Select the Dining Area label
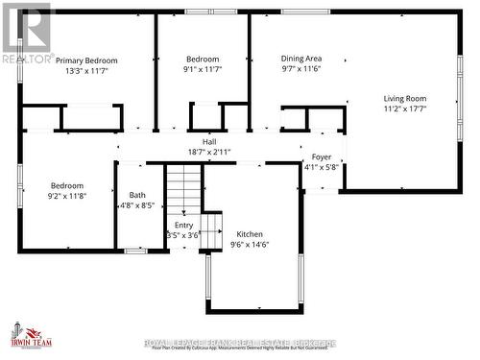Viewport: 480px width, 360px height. click(x=300, y=59)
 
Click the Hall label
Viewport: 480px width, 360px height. click(x=208, y=141)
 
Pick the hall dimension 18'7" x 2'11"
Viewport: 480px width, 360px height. click(x=208, y=152)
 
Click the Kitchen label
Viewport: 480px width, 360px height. click(x=250, y=233)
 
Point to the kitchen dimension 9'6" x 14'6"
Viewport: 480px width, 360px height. click(x=250, y=244)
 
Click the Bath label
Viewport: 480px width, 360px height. click(x=138, y=194)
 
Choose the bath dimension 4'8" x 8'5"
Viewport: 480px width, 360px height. click(x=138, y=205)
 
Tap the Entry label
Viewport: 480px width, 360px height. click(x=182, y=225)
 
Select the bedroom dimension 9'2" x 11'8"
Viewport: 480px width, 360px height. click(x=67, y=196)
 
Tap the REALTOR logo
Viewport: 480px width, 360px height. click(x=26, y=33)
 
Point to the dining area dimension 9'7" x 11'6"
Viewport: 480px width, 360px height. click(x=300, y=70)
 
